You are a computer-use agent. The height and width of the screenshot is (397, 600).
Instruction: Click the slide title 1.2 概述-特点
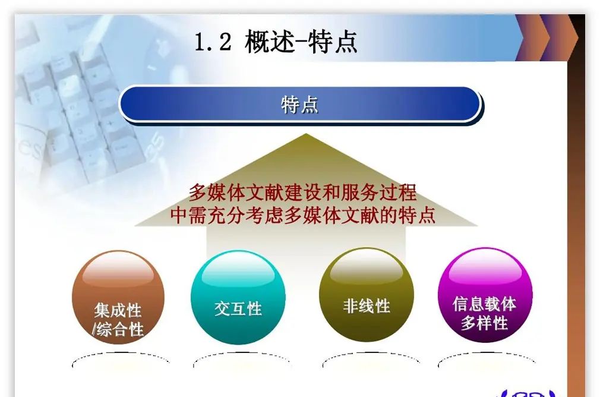click(276, 43)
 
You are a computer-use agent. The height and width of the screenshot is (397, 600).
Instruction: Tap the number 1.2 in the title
click(213, 43)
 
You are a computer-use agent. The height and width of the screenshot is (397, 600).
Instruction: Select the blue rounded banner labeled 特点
click(300, 105)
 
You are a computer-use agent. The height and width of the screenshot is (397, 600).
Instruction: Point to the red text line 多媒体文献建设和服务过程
click(302, 193)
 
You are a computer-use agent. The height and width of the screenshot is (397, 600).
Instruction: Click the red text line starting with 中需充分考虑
click(302, 215)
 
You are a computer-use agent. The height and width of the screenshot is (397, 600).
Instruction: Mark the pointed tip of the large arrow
click(305, 136)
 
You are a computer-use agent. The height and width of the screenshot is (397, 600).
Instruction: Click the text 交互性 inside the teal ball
click(238, 308)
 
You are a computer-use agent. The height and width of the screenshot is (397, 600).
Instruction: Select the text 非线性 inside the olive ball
click(366, 306)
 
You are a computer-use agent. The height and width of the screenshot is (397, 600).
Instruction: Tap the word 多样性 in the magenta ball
click(485, 323)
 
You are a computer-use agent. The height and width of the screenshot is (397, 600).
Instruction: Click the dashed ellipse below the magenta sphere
click(486, 360)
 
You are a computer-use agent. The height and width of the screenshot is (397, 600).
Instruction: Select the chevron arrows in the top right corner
click(547, 37)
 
